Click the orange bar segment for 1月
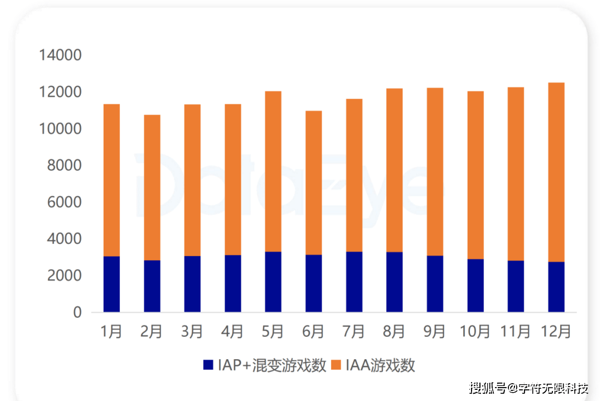point(111,180)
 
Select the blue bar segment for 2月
point(152,286)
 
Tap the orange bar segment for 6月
point(313,182)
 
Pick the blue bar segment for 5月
point(273,282)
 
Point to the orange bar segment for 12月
point(556,172)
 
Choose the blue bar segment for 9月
point(435,284)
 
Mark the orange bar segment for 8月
point(394,170)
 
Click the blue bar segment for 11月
point(516,286)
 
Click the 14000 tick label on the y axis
point(60,56)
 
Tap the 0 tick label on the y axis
point(77,313)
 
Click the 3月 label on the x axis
point(192,332)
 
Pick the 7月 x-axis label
point(354,332)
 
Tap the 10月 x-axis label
point(475,332)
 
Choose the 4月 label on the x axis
point(232,332)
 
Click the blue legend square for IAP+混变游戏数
point(208,365)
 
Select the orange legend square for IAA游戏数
point(336,365)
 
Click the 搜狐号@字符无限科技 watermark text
point(529,388)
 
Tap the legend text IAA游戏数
point(380,365)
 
